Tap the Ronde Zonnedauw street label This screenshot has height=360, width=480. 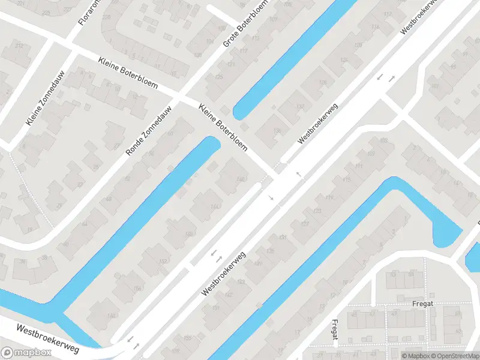click(148, 131)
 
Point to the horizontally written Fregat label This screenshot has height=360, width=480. click(419, 304)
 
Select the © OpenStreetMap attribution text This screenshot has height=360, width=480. click(454, 356)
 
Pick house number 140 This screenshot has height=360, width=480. click(241, 178)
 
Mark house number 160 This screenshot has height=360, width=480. click(110, 316)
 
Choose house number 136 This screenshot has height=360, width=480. click(277, 131)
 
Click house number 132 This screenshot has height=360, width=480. click(299, 107)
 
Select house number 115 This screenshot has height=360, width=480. click(346, 180)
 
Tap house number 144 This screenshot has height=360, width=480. click(215, 206)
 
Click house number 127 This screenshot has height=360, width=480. click(305, 224)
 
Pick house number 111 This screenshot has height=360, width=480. click(359, 166)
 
